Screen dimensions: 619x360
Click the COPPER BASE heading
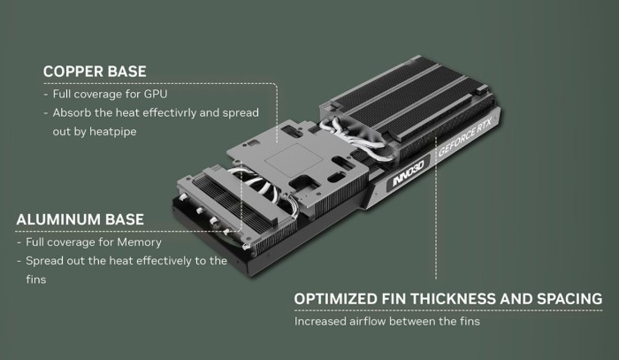pyautogui.click(x=95, y=72)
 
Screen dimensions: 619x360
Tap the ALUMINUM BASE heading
pyautogui.click(x=80, y=219)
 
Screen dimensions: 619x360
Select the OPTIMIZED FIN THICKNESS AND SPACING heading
pyautogui.click(x=448, y=299)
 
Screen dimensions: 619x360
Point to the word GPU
pyautogui.click(x=156, y=94)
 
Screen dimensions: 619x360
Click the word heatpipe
pyautogui.click(x=113, y=132)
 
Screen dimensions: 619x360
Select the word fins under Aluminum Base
pyautogui.click(x=36, y=280)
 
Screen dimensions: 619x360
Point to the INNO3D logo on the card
pyautogui.click(x=408, y=174)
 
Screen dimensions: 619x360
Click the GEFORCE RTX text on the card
pyautogui.click(x=465, y=137)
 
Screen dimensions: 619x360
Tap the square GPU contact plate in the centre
pyautogui.click(x=294, y=160)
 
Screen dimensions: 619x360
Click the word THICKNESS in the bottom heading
pyautogui.click(x=453, y=299)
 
